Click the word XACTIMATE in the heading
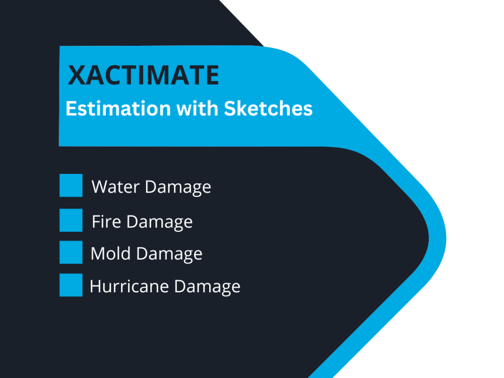click(x=143, y=76)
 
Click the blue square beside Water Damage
click(x=71, y=185)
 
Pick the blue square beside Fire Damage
click(x=71, y=220)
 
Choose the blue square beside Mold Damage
click(x=71, y=252)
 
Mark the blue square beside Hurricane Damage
click(x=71, y=285)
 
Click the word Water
click(x=115, y=187)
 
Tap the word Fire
click(x=106, y=222)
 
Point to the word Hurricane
click(x=130, y=286)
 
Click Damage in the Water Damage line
click(x=178, y=187)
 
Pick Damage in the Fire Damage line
click(x=159, y=222)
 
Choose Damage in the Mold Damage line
click(x=169, y=254)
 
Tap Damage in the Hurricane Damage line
click(x=207, y=287)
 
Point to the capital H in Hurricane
click(x=95, y=286)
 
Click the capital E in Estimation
click(x=71, y=109)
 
